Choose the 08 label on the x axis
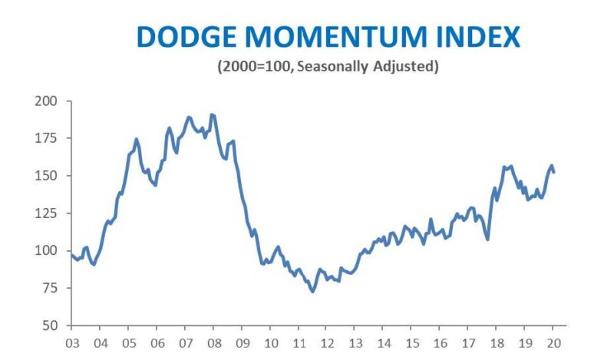click(213, 343)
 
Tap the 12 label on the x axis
click(327, 343)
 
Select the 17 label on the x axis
click(468, 343)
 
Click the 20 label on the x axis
click(553, 343)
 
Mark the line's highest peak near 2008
click(212, 114)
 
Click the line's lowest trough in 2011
click(312, 292)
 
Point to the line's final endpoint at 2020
click(554, 172)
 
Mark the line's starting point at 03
click(71, 255)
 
